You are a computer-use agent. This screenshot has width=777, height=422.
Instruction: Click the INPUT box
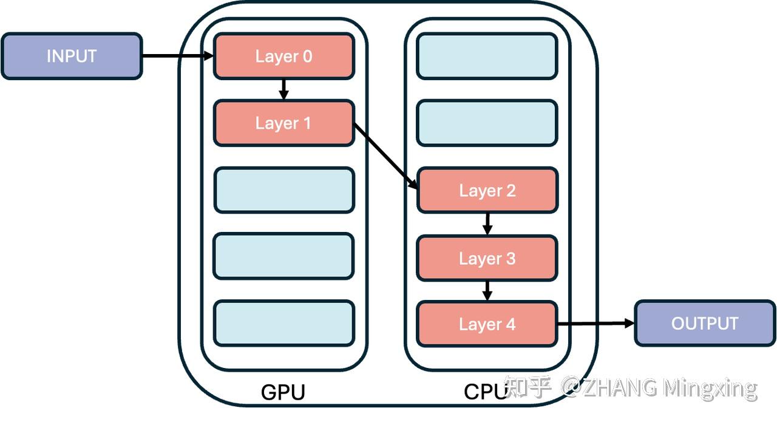pos(72,56)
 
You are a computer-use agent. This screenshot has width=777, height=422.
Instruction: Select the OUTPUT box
pos(704,323)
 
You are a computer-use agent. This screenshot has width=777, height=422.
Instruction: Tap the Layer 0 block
pos(283,56)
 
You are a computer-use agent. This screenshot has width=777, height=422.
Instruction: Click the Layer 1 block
pos(283,123)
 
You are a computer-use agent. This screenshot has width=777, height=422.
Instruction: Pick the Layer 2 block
pos(487,191)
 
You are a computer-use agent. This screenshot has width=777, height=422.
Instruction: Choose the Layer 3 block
pos(487,259)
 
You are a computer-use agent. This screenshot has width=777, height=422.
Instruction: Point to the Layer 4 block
pos(487,324)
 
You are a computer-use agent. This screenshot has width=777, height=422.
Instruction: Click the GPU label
pos(283,392)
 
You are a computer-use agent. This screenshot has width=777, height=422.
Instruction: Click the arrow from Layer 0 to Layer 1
pos(283,89)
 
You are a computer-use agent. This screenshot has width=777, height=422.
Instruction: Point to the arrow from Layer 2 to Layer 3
pos(487,224)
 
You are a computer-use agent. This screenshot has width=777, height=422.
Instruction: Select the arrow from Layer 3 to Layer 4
pos(487,291)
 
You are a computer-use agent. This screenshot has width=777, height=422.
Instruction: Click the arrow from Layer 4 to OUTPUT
pos(595,324)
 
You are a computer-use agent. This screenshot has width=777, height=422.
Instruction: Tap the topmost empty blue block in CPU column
pos(487,56)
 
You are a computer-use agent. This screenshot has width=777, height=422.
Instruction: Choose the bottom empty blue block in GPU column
pos(283,323)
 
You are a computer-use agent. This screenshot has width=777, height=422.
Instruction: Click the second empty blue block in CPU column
pos(487,123)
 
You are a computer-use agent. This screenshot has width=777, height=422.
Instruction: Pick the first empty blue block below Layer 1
pos(283,190)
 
